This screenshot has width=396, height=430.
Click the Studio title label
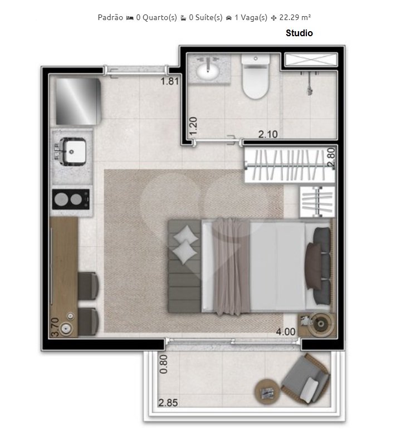click(x=299, y=33)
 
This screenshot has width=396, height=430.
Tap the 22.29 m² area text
click(x=295, y=17)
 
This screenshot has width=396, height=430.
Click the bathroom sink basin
click(x=210, y=69)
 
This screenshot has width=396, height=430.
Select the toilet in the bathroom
click(x=255, y=79)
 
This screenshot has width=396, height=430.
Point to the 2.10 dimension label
click(x=268, y=134)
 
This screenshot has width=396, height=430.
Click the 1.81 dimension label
click(x=169, y=81)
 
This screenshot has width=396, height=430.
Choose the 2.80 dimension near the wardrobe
click(x=331, y=157)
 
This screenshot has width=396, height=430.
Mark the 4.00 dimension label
click(x=286, y=331)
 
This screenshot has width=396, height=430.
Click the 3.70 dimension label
click(x=55, y=326)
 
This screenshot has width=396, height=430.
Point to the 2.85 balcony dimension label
click(x=168, y=403)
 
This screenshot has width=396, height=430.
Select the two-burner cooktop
click(x=71, y=199)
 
